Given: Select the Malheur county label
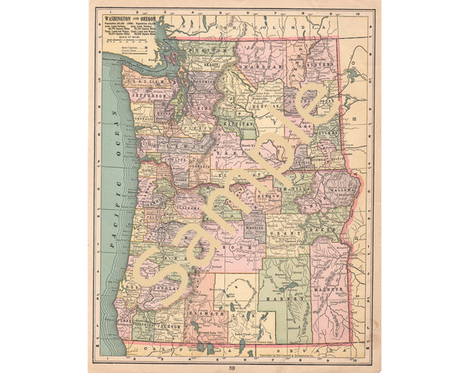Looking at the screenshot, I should tap(331, 290).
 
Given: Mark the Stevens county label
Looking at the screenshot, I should tap(318, 65).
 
